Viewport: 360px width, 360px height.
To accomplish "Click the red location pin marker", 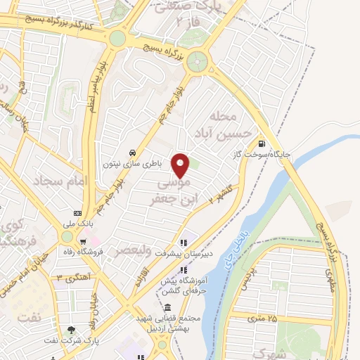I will click(x=181, y=165).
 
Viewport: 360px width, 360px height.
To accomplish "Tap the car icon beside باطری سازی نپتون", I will click(x=132, y=153).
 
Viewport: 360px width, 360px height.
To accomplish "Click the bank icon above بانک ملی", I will click(x=77, y=213).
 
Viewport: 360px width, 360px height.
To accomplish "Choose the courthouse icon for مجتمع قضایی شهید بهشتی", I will click(x=167, y=307).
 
